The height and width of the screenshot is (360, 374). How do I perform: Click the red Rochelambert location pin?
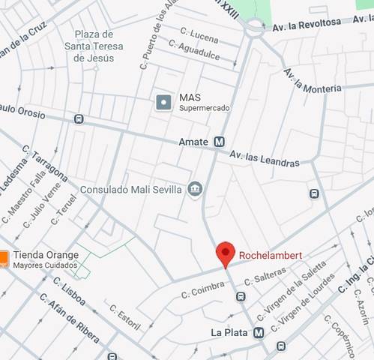(x=226, y=253)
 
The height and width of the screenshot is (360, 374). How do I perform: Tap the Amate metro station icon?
(x=220, y=141)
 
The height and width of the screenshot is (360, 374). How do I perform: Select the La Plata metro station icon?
(x=259, y=332)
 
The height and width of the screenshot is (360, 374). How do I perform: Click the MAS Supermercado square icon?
(x=164, y=102)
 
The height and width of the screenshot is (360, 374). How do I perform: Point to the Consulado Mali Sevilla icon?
(x=195, y=188)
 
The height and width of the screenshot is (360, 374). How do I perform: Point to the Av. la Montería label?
(x=312, y=80)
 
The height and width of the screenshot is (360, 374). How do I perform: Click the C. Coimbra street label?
(x=203, y=289)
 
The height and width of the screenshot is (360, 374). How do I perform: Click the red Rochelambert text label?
(x=271, y=256)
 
